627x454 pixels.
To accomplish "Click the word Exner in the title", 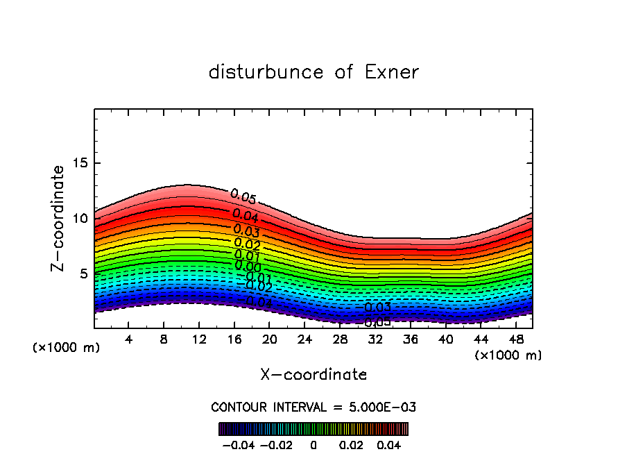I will point(391,72).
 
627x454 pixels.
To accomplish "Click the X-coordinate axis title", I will point(313,375).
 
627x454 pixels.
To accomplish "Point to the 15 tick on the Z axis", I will point(80,163).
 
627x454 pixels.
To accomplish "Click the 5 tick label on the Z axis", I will point(83,274).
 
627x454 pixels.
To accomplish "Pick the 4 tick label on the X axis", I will point(129,339).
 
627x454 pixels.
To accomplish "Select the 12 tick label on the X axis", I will point(199,339).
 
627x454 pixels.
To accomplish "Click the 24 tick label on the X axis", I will point(304,339).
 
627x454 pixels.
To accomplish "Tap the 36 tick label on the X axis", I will point(410,339).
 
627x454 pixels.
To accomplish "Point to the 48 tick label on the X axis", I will point(516,339).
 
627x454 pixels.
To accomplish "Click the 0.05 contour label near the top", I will point(243,197).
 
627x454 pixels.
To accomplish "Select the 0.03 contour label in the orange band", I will point(246,230).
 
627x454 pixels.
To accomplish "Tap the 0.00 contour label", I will point(248,266).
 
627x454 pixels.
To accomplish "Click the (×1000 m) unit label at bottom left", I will point(67,347).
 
